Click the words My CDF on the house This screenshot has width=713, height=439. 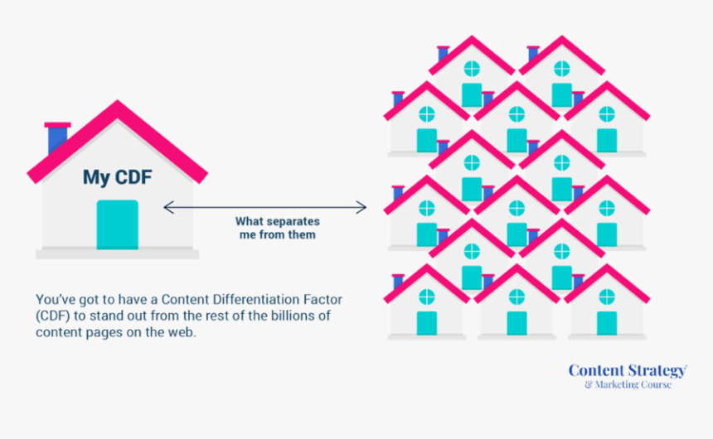[x=117, y=176]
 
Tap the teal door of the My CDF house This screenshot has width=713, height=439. [x=117, y=224]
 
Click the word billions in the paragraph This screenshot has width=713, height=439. [x=270, y=316]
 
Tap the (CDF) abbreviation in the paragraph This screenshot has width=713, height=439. [x=51, y=316]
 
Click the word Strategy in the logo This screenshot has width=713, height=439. [x=654, y=370]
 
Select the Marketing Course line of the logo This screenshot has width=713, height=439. [x=628, y=384]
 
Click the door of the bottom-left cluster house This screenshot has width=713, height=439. [x=427, y=323]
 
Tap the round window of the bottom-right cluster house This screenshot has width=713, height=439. [x=607, y=297]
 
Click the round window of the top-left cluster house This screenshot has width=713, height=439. [x=472, y=69]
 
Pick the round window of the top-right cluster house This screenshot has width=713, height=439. [x=562, y=69]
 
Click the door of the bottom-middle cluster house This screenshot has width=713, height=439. [x=517, y=323]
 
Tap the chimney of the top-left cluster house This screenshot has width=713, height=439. [x=443, y=53]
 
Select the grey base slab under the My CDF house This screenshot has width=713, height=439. [x=117, y=253]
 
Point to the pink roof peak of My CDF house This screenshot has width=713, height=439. [x=117, y=105]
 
